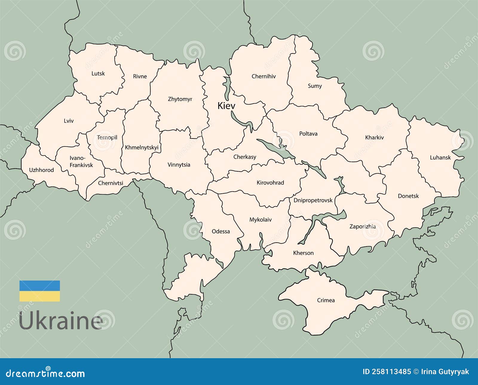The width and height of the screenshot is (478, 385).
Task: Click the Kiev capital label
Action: (x=226, y=106)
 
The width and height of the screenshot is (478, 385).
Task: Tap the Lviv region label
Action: (x=69, y=121)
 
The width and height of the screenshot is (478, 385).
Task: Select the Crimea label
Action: (x=326, y=300)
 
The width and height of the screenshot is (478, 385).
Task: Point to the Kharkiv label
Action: (x=374, y=138)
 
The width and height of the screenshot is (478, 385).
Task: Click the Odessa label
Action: (x=221, y=231)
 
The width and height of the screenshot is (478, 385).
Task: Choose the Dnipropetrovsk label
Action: (x=313, y=200)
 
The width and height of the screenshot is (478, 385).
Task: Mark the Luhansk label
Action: (x=440, y=158)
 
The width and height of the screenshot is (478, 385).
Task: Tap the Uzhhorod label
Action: (x=42, y=170)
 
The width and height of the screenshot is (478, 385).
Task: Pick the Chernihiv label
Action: (x=263, y=76)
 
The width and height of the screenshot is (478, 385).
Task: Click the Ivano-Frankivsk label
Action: (x=81, y=161)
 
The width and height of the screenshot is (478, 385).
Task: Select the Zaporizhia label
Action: (x=363, y=227)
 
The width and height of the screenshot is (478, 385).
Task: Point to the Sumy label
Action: (x=315, y=86)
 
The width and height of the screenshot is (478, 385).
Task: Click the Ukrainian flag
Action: (x=40, y=291)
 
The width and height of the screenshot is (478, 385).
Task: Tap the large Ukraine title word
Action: (x=61, y=321)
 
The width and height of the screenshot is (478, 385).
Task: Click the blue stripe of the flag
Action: (x=40, y=286)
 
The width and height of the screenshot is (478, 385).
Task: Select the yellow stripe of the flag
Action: (x=40, y=296)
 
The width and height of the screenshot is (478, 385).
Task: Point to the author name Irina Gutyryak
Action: (x=445, y=372)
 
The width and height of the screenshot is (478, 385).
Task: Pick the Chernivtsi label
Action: (x=111, y=183)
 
